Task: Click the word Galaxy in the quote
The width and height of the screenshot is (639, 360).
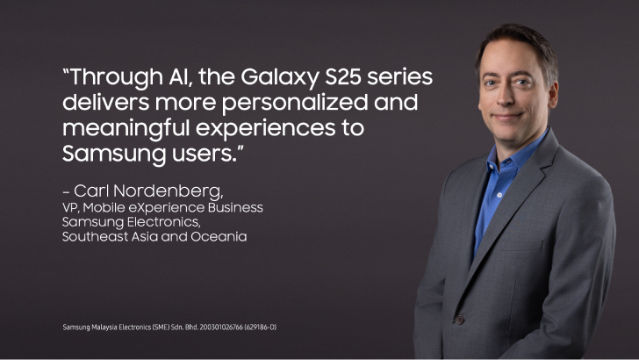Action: pyautogui.click(x=279, y=77)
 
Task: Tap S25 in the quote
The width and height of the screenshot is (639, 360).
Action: pyautogui.click(x=343, y=76)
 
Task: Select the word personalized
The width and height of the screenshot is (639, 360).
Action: pyautogui.click(x=295, y=103)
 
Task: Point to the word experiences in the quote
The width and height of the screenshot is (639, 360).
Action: pyautogui.click(x=266, y=129)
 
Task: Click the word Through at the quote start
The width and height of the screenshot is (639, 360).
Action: pyautogui.click(x=113, y=77)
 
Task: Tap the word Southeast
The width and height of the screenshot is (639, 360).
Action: pyautogui.click(x=96, y=237)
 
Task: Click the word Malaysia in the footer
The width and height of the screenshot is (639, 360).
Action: pyautogui.click(x=104, y=327)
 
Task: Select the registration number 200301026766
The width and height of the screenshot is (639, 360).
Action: pyautogui.click(x=221, y=327)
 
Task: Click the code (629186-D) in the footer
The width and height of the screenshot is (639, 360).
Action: pyautogui.click(x=261, y=327)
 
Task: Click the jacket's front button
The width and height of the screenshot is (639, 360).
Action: pyautogui.click(x=460, y=319)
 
